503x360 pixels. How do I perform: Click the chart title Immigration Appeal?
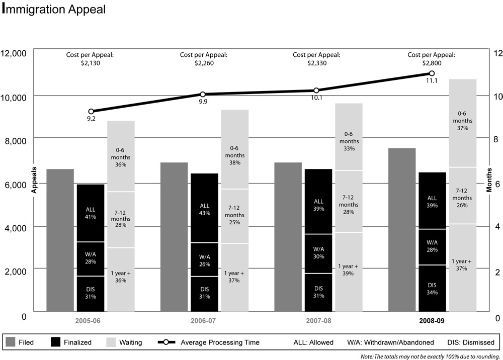(54, 10)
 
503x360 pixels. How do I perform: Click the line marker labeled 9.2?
(91, 112)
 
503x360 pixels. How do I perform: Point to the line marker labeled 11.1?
(432, 73)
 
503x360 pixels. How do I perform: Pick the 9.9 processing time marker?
(203, 95)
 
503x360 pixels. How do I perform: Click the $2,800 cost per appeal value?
(431, 63)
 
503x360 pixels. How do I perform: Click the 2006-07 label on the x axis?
(204, 320)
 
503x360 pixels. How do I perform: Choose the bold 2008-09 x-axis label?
(431, 320)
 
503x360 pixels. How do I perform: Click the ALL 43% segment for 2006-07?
(205, 208)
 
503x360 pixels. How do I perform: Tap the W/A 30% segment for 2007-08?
(318, 253)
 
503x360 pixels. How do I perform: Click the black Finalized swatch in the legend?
(56, 342)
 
